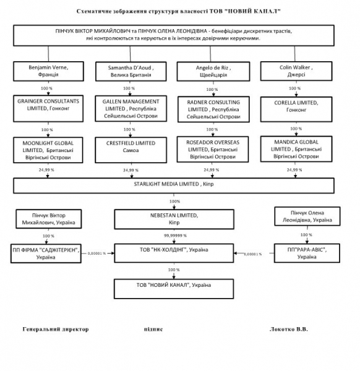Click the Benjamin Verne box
pos(48,72)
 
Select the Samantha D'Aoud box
pos(131,72)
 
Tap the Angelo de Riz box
pos(213,72)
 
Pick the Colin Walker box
pos(296,71)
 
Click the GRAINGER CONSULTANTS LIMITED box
pos(48,109)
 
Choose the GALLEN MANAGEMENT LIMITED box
pos(131,109)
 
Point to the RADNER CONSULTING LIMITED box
pos(213,109)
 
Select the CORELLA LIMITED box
pos(296,109)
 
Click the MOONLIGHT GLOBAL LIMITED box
pos(48,150)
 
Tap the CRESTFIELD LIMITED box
pos(131,150)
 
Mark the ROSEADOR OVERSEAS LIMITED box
pos(213,149)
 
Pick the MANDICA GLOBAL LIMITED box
pos(296,149)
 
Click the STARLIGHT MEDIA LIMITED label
pos(174,184)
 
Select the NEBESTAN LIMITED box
pos(174,219)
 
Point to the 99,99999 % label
pos(175,236)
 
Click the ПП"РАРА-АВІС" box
pos(307,253)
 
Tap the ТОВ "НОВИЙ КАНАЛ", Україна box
pos(174,289)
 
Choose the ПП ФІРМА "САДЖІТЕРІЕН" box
pos(46,254)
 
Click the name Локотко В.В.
pos(289,329)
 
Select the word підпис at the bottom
pos(153,330)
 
